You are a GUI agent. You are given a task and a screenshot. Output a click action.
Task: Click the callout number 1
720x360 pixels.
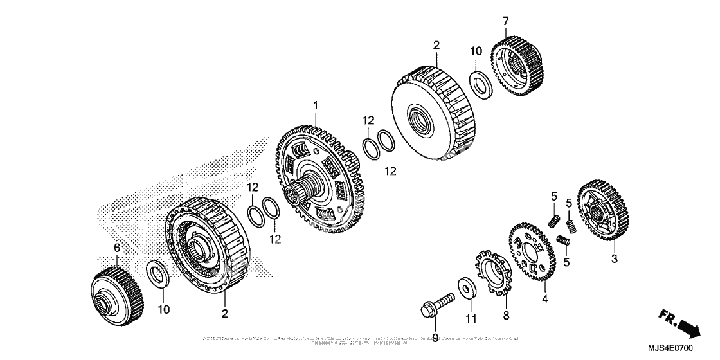pos(316,104)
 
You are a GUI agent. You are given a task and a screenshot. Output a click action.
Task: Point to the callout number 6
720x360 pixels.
pos(117,248)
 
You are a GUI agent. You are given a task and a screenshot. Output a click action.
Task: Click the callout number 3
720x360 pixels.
pos(614,259)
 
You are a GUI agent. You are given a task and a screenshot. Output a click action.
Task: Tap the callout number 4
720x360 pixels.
pos(544,298)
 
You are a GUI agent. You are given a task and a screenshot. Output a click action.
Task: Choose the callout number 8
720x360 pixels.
pos(505,315)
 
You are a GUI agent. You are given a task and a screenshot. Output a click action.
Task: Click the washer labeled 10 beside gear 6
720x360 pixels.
pos(156,274)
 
